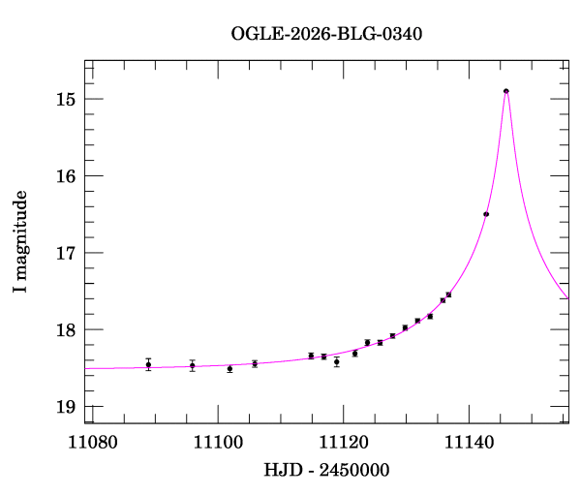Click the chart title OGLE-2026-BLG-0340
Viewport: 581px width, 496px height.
pyautogui.click(x=326, y=34)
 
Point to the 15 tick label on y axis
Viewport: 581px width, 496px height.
pyautogui.click(x=66, y=99)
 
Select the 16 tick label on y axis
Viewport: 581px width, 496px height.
pyautogui.click(x=66, y=175)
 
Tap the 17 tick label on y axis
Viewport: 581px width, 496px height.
pyautogui.click(x=66, y=253)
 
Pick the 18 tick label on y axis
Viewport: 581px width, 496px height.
pyautogui.click(x=66, y=329)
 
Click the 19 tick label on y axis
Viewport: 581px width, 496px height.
pyautogui.click(x=66, y=406)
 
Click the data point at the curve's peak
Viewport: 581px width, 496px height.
pyautogui.click(x=506, y=91)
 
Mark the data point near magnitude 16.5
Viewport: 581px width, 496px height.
pyautogui.click(x=486, y=214)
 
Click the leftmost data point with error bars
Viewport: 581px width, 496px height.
pyautogui.click(x=148, y=364)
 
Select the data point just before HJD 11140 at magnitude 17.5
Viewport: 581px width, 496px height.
pyautogui.click(x=448, y=294)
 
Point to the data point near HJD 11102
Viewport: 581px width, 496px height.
pyautogui.click(x=229, y=369)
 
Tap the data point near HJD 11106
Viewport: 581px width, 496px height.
pyautogui.click(x=255, y=364)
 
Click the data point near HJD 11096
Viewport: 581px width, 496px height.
pyautogui.click(x=193, y=365)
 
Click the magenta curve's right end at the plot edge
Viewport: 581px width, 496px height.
pyautogui.click(x=567, y=297)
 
